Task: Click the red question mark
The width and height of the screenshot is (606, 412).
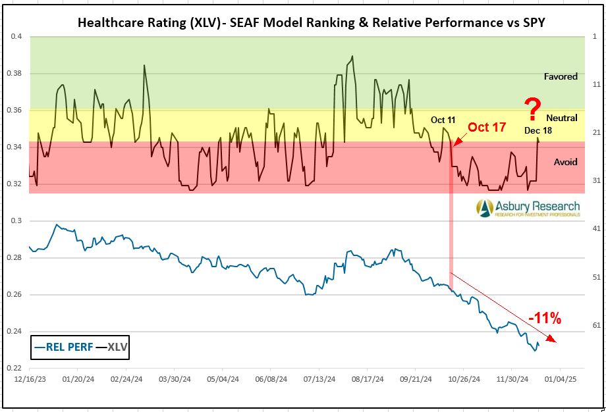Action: [x=533, y=107]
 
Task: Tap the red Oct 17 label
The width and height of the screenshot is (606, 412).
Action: [x=487, y=127]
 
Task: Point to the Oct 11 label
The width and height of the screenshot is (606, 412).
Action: [x=443, y=120]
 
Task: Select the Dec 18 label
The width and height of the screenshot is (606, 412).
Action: [x=538, y=130]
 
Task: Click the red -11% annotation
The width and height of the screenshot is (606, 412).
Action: [x=545, y=319]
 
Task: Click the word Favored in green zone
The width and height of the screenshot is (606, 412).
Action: [x=561, y=76]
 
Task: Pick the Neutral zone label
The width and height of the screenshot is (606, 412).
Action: [x=562, y=118]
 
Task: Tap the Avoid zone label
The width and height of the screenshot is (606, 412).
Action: [x=565, y=162]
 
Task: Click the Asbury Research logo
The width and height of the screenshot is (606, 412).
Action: [x=529, y=208]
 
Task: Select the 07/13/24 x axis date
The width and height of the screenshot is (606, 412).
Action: [x=320, y=379]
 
